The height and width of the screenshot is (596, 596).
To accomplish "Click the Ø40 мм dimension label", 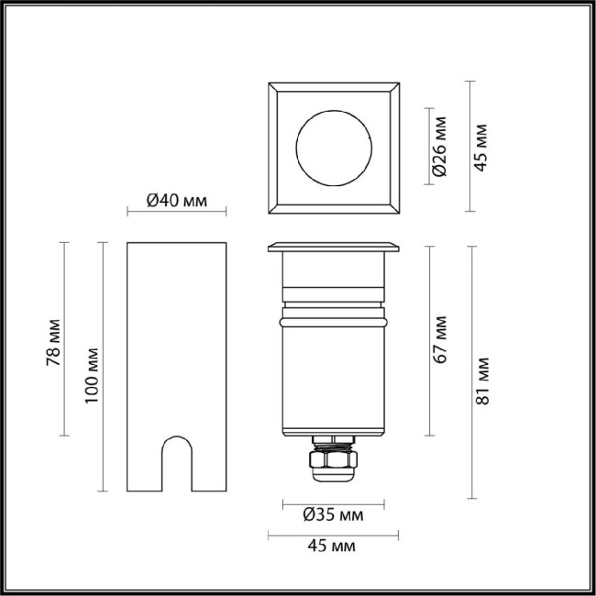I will click(176, 202).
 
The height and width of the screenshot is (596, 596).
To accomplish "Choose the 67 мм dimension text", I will click(441, 339).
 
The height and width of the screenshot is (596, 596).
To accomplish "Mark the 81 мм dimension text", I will click(483, 378).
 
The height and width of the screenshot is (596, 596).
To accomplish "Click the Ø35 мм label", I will click(332, 516).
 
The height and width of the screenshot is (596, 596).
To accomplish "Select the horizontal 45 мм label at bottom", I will click(332, 546).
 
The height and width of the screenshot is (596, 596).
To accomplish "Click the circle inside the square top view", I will click(333, 148).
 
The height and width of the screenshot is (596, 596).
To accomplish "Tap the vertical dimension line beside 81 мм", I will click(470, 373).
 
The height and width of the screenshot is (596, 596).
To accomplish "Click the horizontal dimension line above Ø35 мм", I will click(332, 502).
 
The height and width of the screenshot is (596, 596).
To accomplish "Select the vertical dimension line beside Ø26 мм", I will click(428, 147).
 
